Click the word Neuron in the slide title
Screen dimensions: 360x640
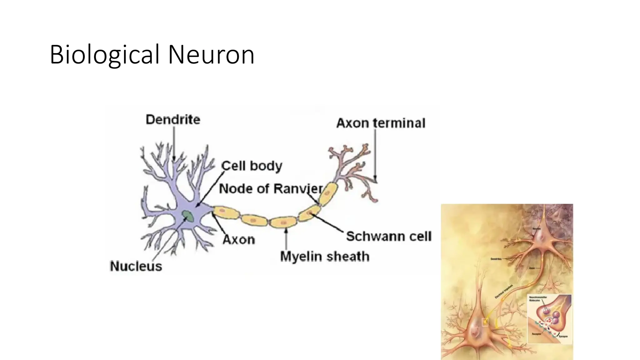(211, 55)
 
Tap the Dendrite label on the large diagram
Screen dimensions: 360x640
(173, 120)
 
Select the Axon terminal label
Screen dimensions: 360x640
(381, 123)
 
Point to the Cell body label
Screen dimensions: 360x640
(252, 166)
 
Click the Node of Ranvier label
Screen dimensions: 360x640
(271, 189)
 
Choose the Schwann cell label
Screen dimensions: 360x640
(389, 236)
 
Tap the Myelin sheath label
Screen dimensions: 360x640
(325, 257)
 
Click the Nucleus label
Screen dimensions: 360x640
(136, 266)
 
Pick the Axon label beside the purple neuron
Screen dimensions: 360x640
(239, 240)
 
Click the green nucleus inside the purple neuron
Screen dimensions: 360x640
(188, 216)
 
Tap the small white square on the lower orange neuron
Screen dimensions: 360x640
(485, 322)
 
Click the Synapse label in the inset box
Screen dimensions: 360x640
(563, 336)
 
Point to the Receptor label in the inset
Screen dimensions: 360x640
(536, 334)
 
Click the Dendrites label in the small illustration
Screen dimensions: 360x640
(496, 259)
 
